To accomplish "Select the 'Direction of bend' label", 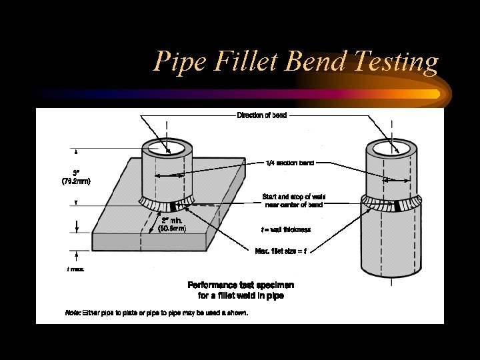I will pos(262,115).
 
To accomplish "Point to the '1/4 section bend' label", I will pos(290,163).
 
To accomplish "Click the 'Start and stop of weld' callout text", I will pos(293,197).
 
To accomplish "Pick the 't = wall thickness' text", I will pos(286,229).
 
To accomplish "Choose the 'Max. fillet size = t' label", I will pos(281,251).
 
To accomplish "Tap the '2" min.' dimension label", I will pos(171,219).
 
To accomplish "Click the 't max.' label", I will pos(75,269).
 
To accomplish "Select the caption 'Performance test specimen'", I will pos(241,285).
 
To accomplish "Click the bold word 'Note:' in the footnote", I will pos(73,313).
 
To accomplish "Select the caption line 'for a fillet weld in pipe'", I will pos(241,295).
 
